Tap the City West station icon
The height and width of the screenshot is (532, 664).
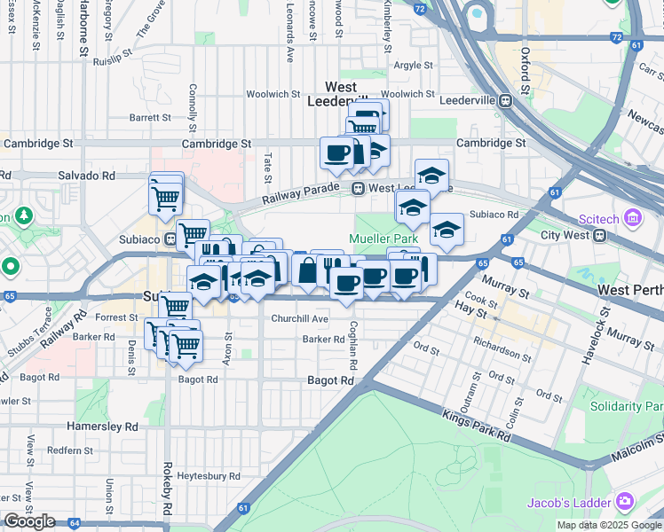coord(601,236)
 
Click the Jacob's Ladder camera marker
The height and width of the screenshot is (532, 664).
coord(626,502)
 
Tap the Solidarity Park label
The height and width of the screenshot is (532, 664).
coord(627,407)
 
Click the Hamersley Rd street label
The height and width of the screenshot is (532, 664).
coord(103,426)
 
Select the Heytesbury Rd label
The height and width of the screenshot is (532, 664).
coord(209,476)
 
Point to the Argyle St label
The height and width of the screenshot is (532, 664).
coord(413,66)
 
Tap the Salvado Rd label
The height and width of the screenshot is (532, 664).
coord(86,176)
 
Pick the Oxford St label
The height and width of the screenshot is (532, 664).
coord(526,72)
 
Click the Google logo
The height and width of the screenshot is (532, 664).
coord(29,521)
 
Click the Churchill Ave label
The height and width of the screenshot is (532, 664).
coord(300,318)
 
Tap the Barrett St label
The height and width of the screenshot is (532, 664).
coord(150,117)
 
